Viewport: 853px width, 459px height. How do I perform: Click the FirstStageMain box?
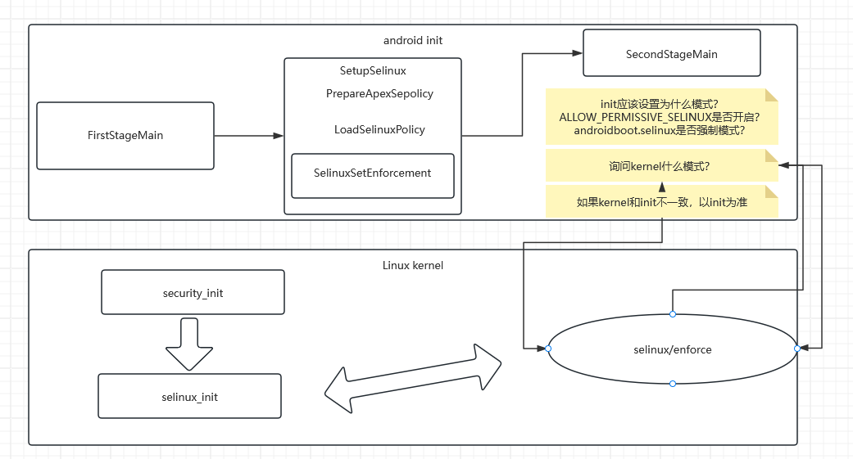pos(125,136)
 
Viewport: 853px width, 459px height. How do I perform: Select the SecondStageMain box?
pos(671,54)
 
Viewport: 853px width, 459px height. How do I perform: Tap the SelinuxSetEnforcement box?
pos(372,173)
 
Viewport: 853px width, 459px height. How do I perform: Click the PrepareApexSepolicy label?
pos(379,93)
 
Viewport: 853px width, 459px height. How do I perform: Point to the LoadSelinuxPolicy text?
pos(379,129)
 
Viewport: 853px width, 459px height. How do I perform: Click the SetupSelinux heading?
pos(373,71)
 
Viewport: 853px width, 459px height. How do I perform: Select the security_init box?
pos(193,293)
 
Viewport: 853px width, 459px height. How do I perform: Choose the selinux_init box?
pos(189,397)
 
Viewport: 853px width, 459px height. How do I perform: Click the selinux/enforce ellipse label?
pos(672,349)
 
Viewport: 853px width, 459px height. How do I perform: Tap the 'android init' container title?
pos(412,40)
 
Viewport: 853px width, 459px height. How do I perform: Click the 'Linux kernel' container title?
pos(412,265)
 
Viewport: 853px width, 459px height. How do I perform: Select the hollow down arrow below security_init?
pos(189,344)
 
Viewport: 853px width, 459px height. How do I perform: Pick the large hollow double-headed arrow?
pos(412,378)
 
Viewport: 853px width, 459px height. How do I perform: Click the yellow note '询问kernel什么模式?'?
pos(659,166)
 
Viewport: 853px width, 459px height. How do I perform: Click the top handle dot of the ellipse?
pos(672,314)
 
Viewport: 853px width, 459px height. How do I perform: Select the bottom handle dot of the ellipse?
pos(672,384)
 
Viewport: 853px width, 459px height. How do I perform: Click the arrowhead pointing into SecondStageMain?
pos(576,54)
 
